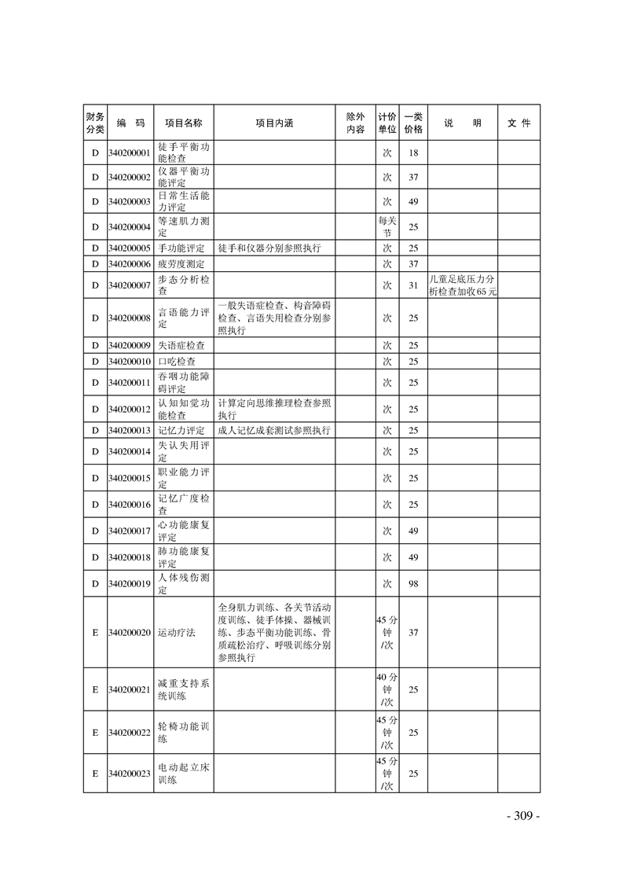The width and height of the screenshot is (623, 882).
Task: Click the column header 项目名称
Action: pos(183,123)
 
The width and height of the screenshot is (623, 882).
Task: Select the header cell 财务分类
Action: pos(93,123)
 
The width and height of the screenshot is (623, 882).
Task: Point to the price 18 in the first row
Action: pos(412,153)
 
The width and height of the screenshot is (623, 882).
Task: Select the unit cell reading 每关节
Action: pos(387,227)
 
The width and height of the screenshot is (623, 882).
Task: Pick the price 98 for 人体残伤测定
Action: pos(412,583)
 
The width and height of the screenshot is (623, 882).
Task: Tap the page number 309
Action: pos(522,816)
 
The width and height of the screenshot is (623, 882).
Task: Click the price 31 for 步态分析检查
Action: pos(412,285)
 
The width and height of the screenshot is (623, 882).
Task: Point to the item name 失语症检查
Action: pos(181,346)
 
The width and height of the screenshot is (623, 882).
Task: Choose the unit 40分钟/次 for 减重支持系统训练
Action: pos(387,689)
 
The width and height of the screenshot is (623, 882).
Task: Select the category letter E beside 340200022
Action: pos(94,732)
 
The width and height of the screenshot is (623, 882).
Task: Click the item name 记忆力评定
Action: pos(181,431)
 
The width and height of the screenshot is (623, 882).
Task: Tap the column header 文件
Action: pos(519,123)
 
